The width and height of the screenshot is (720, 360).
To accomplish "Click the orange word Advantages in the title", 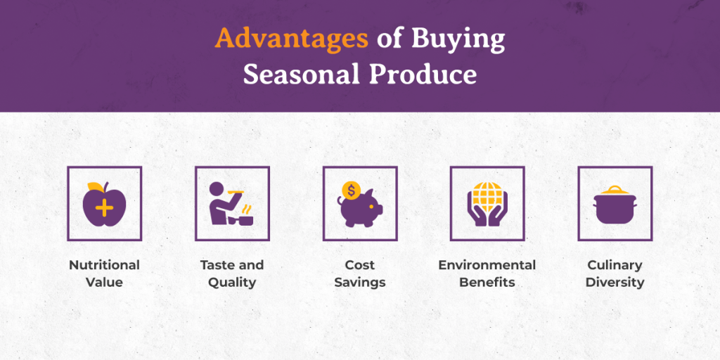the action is coord(292,39).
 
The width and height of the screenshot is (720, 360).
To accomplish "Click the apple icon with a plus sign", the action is coord(104,204).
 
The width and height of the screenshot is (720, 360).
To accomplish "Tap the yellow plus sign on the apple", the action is coord(105,208).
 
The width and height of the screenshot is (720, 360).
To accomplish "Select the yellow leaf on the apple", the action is coord(96,186).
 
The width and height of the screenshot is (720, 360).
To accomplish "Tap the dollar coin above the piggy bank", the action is coord(352,190).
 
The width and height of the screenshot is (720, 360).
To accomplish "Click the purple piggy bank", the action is coord(360,209).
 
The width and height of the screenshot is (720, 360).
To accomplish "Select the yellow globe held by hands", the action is coord(488,198).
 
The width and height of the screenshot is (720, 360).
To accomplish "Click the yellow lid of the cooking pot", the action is coord(615,190).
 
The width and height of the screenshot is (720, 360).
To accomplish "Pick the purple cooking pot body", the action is coord(615,209).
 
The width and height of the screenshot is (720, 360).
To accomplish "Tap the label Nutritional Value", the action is coord(104,274).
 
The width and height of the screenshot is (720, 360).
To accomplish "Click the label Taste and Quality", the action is coord(232,274).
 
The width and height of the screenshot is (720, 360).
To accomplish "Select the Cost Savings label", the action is coord(360,274).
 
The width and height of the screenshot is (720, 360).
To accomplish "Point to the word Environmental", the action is coord(487,265).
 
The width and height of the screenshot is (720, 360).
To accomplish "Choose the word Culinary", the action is coord(615,265).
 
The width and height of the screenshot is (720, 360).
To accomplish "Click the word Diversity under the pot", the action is coord(615,282).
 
